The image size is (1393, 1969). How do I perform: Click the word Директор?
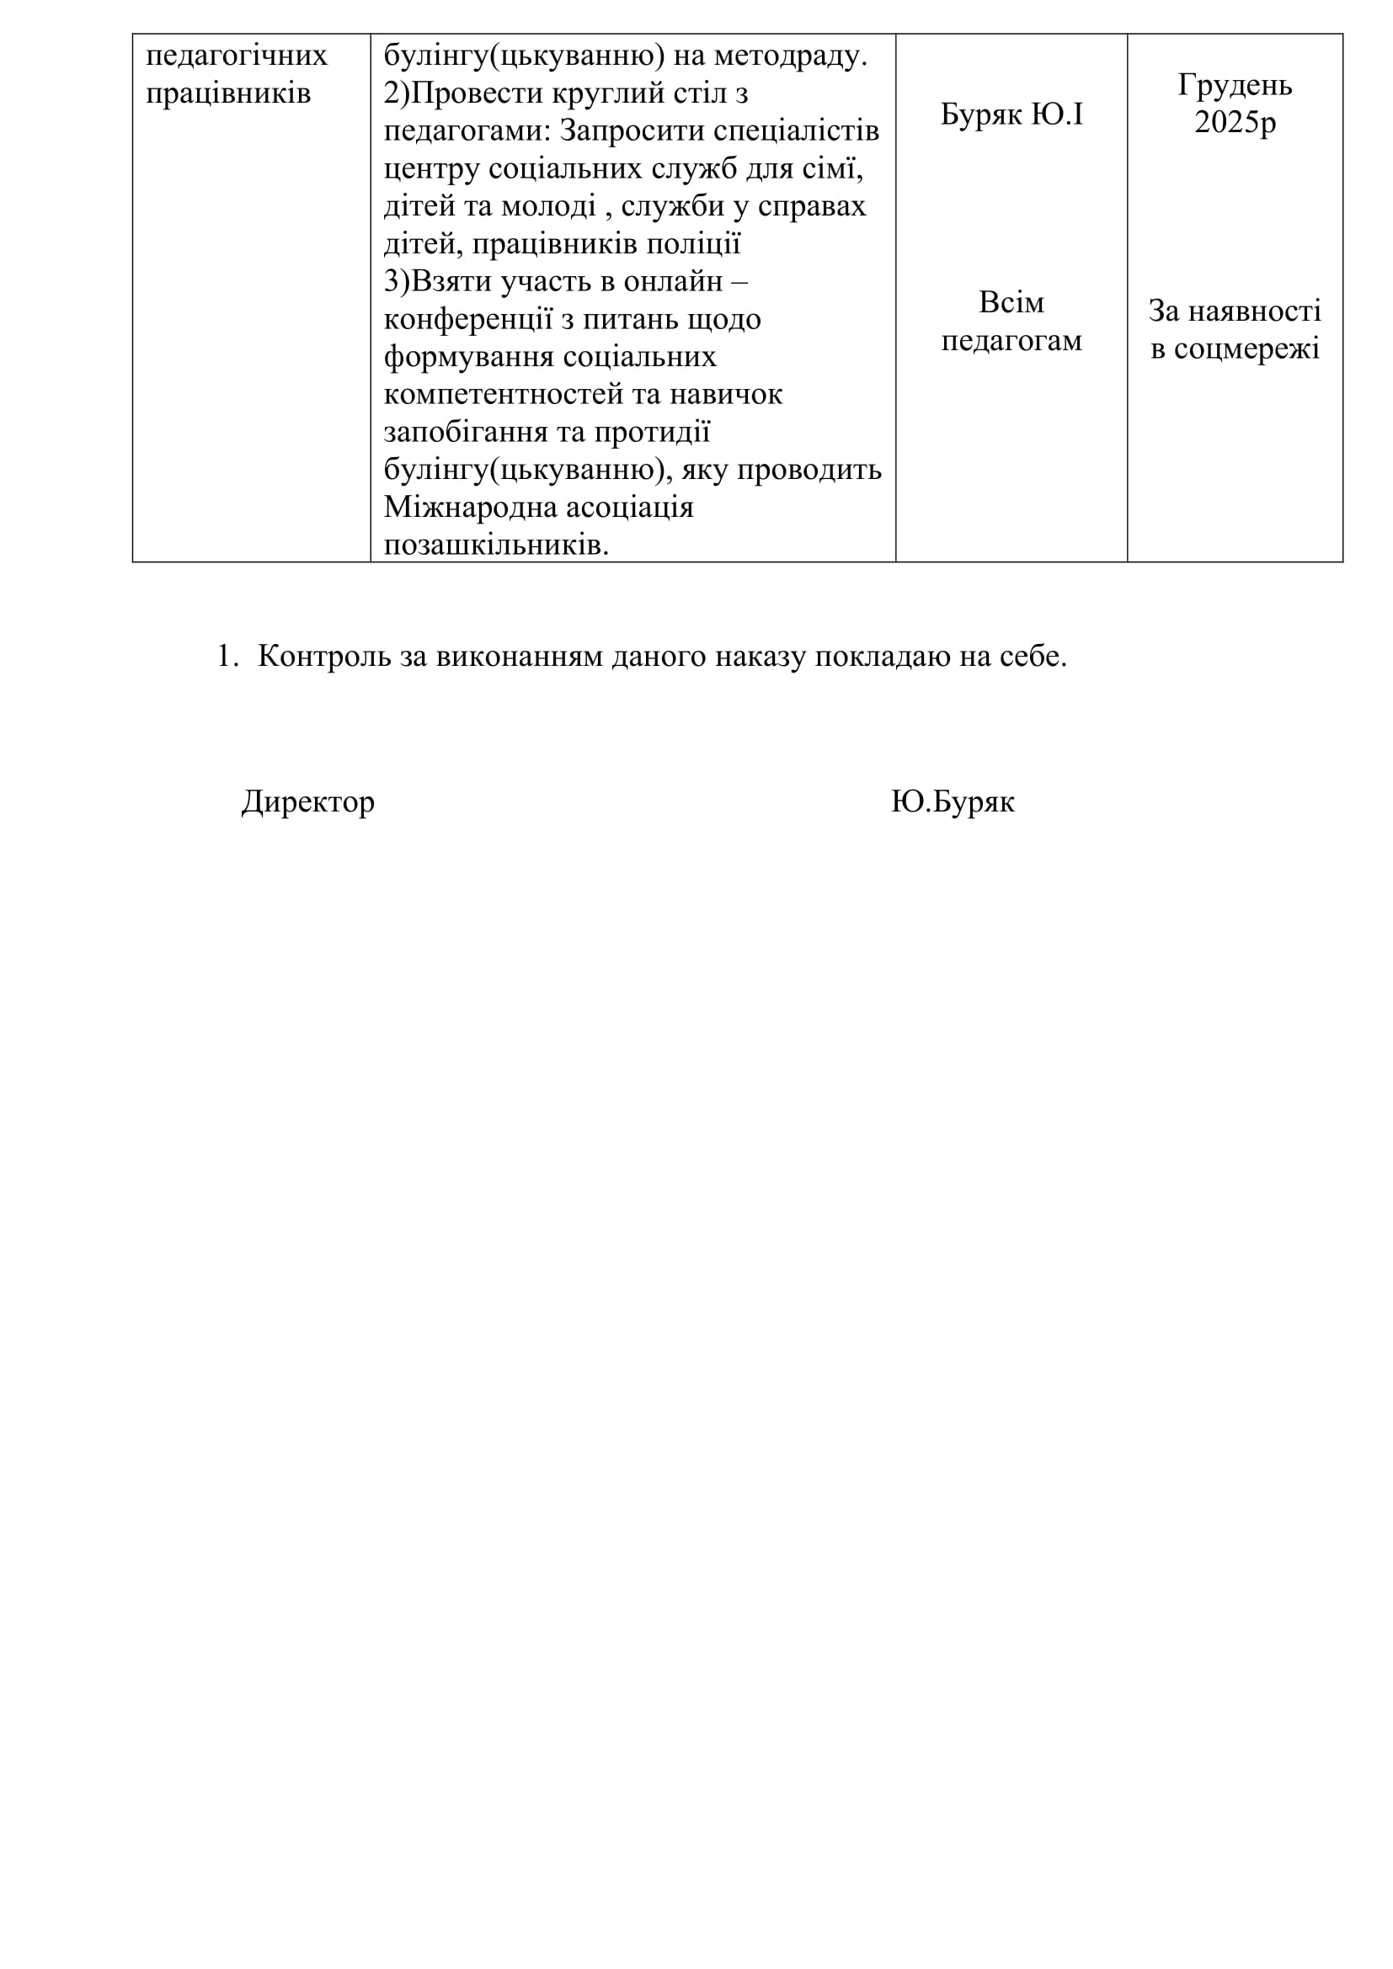[x=308, y=802]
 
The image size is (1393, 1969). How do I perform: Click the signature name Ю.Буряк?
[x=953, y=802]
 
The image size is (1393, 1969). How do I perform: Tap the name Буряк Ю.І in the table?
[x=1011, y=114]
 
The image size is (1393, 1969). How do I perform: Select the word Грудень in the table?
[x=1235, y=85]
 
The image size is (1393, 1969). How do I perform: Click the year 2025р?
[x=1235, y=123]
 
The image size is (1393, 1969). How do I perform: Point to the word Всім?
[x=1011, y=303]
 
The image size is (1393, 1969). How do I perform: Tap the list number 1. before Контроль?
[x=227, y=656]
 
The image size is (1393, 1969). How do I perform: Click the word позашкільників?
[x=495, y=545]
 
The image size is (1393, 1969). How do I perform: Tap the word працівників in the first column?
[x=228, y=93]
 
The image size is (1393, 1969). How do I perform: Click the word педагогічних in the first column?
[x=237, y=56]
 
